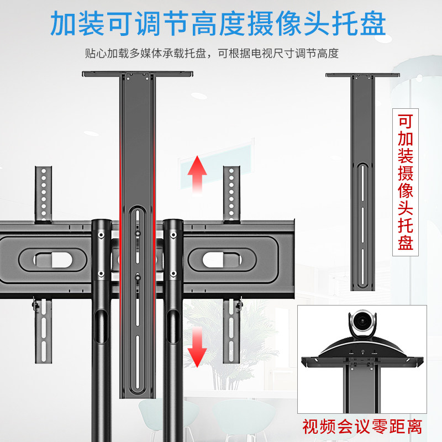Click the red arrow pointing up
(197, 174)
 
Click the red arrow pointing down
(197, 347)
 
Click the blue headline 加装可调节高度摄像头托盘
(218, 24)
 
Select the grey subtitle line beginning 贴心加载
(212, 53)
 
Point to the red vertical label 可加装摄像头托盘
(406, 182)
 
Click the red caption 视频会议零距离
(362, 427)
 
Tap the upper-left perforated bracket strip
(44, 194)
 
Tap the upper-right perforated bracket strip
(231, 194)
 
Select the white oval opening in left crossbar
(53, 260)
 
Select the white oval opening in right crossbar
(222, 260)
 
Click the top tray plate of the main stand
(137, 74)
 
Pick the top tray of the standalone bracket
(362, 75)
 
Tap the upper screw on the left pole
(101, 235)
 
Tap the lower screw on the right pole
(173, 273)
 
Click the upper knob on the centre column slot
(138, 233)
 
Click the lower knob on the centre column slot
(138, 277)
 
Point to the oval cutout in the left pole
(101, 326)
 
